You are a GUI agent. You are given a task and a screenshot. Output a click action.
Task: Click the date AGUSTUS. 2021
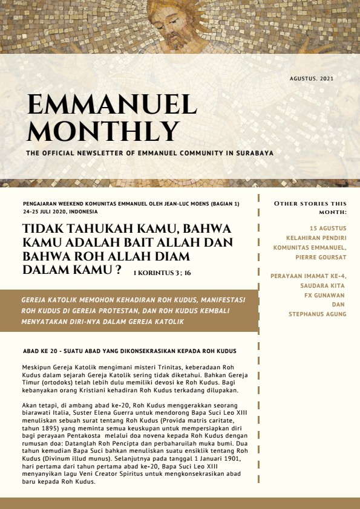(x=312, y=79)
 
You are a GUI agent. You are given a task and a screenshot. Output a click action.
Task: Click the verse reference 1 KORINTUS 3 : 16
(x=162, y=273)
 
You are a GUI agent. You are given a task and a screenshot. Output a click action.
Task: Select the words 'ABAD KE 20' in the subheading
(x=39, y=351)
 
